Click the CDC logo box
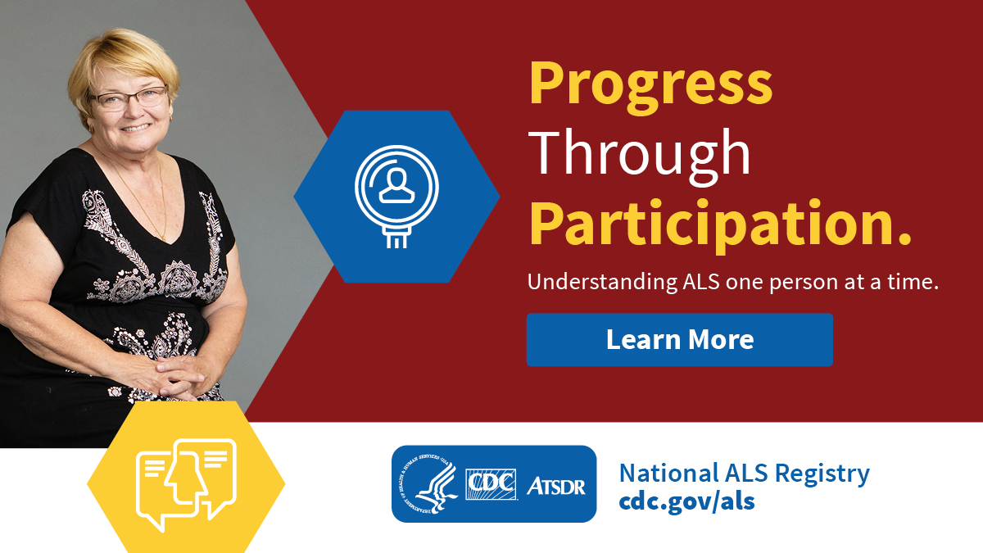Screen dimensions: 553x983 point(491,484)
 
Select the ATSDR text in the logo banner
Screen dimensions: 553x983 point(555,485)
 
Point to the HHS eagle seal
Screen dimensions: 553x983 point(428,484)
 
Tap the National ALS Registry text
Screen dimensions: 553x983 point(744,473)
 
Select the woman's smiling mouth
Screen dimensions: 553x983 point(135,127)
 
